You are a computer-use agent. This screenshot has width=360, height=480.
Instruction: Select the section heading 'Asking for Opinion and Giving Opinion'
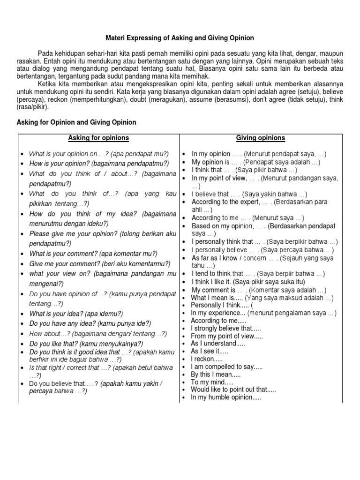[x=76, y=122]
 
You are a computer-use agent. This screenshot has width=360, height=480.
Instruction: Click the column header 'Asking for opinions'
[x=98, y=138]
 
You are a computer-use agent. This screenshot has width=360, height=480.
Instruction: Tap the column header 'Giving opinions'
[x=260, y=138]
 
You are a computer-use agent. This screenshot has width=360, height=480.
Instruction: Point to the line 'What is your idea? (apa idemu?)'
[x=76, y=314]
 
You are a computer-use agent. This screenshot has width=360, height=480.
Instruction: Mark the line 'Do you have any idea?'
[x=90, y=323]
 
